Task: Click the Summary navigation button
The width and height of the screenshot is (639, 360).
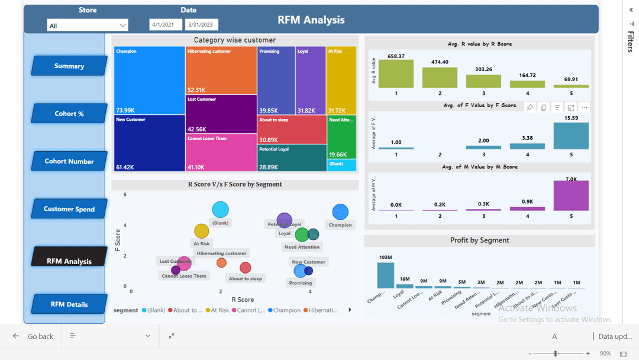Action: point(69,66)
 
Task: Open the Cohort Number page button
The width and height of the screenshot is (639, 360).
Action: point(69,161)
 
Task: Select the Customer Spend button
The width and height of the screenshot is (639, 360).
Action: point(69,208)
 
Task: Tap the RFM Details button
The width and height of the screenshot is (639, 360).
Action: point(69,304)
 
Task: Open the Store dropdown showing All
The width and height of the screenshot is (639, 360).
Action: point(88,25)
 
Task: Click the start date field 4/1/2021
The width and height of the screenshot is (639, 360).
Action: point(166,25)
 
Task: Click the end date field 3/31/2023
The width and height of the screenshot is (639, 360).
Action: point(201,25)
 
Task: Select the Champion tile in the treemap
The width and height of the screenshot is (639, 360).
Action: point(149,80)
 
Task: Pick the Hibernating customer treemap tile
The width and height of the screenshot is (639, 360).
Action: point(221,70)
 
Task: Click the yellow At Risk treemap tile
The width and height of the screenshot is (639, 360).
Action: point(341,80)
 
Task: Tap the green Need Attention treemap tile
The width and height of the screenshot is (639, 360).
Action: point(341,137)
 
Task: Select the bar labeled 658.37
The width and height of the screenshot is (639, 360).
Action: point(396,74)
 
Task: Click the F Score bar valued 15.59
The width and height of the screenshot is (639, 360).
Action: point(571,136)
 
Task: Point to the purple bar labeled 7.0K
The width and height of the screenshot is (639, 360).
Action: point(571,195)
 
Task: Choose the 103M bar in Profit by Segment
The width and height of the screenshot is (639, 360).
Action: point(386,275)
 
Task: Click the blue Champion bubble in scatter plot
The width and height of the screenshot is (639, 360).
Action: point(340,212)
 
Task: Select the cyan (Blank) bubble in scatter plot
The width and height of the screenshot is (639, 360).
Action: point(220,210)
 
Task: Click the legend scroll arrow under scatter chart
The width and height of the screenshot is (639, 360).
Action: point(350,310)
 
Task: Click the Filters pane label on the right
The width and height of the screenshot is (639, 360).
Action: point(630,41)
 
